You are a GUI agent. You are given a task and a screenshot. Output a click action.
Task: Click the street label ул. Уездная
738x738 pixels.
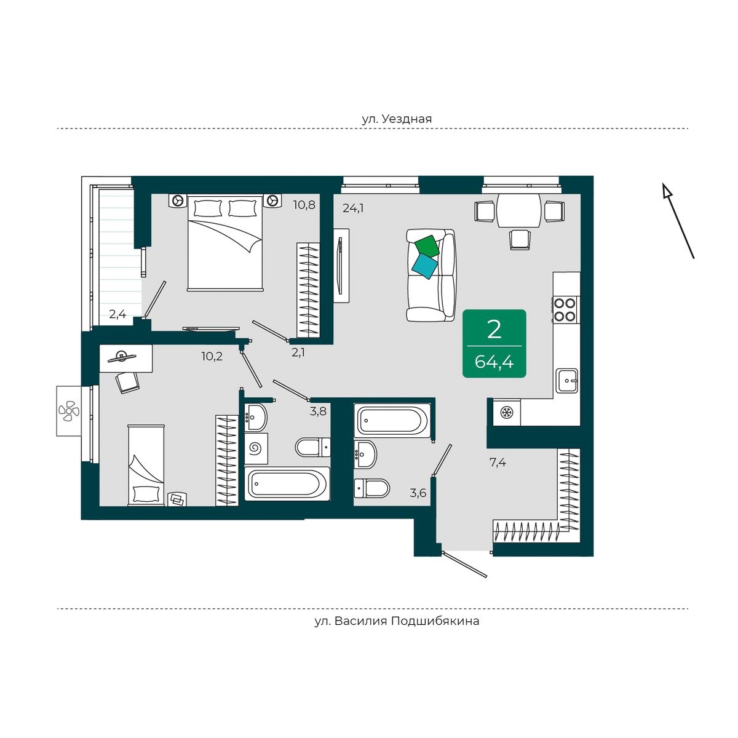(x=397, y=119)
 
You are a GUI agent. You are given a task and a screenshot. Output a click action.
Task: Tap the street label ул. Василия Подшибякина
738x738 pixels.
(x=397, y=621)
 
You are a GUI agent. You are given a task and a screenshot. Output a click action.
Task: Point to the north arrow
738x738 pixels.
(x=678, y=221)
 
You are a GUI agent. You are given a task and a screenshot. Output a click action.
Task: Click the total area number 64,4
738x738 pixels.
(x=494, y=362)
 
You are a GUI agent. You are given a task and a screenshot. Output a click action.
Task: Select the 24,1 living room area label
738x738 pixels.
(x=353, y=208)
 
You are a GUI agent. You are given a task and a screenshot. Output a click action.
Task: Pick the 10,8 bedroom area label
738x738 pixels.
(x=304, y=205)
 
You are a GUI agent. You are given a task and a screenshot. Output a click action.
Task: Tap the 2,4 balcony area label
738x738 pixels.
(x=117, y=314)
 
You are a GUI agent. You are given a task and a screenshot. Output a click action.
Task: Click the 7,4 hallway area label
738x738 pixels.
(x=498, y=462)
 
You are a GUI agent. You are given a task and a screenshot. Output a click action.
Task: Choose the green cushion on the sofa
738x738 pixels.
(x=427, y=246)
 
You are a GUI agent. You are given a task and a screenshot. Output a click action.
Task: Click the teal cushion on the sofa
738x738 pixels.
(x=425, y=266)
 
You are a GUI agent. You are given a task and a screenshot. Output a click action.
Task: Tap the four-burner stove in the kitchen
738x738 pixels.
(x=565, y=310)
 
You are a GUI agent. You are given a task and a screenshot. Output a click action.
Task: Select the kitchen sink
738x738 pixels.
(x=567, y=380)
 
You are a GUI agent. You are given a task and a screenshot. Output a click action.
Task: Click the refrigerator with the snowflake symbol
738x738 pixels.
(x=507, y=413)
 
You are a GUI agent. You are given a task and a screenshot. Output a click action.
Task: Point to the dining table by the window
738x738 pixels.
(x=518, y=210)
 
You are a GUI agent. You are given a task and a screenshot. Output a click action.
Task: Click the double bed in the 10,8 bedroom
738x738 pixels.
(x=225, y=242)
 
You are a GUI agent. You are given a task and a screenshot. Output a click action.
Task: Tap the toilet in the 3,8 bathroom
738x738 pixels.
(x=313, y=447)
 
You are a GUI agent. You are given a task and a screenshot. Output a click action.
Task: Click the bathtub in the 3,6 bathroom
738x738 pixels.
(x=392, y=420)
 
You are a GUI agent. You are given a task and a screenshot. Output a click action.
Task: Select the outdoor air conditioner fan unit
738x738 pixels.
(x=69, y=411)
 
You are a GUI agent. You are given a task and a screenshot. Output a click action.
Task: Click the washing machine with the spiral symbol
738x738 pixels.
(x=255, y=448)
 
